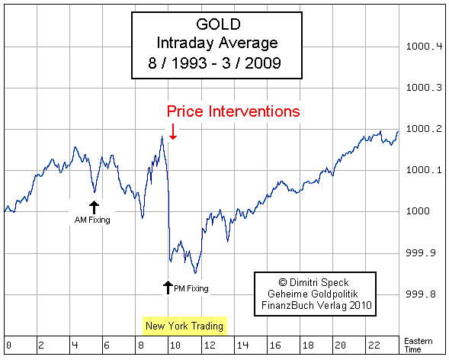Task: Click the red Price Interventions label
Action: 233,111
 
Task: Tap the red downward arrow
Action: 173,133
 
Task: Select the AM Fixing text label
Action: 92,220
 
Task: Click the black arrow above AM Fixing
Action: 93,207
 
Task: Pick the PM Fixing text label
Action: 191,288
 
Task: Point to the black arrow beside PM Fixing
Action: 168,288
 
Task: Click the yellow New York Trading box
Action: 184,326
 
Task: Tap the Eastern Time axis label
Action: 417,344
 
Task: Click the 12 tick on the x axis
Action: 206,344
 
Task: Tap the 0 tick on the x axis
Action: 7,344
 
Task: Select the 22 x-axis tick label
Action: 372,344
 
